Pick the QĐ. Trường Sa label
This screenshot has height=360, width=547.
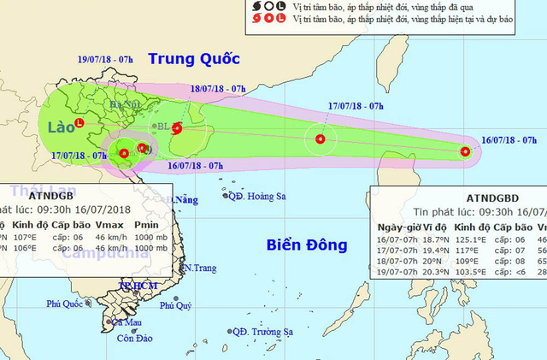click(268, 331)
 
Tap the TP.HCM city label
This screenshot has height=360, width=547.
click(135, 285)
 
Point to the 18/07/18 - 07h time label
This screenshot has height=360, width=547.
click(218, 87)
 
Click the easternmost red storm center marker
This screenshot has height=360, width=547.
click(465, 151)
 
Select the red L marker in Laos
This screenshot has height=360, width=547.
click(79, 123)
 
